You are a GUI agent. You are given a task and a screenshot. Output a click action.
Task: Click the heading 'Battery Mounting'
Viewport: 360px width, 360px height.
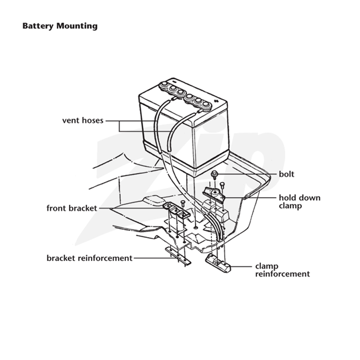click(60, 26)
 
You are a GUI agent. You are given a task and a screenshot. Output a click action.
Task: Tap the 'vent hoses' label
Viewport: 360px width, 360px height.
click(83, 121)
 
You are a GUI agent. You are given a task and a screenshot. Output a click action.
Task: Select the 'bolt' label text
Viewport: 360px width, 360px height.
click(287, 174)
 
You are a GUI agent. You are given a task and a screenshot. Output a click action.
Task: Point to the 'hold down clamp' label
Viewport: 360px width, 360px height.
click(300, 202)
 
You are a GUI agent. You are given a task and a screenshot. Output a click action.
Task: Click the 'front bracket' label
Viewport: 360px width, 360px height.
click(72, 208)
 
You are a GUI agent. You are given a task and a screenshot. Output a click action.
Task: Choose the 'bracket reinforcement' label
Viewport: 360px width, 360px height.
click(90, 258)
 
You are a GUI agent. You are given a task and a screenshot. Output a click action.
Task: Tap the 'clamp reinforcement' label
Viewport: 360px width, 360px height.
click(283, 270)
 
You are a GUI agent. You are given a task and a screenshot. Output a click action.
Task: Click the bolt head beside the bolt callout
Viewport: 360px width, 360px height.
click(215, 174)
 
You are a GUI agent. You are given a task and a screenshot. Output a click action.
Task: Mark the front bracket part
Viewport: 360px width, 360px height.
click(176, 210)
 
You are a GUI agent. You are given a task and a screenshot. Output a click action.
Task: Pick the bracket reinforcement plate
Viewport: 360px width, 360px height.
click(178, 256)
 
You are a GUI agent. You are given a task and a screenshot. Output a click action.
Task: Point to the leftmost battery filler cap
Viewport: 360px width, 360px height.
click(164, 85)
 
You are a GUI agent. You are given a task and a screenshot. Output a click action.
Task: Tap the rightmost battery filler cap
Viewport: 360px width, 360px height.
click(207, 105)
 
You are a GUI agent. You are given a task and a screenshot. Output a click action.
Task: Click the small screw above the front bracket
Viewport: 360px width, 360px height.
click(183, 203)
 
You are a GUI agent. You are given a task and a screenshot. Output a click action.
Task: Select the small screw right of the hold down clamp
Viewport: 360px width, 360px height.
click(222, 185)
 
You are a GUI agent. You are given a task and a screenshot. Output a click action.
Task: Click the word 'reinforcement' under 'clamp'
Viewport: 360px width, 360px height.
click(283, 274)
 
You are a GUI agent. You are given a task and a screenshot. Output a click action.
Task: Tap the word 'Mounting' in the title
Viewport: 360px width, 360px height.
click(77, 26)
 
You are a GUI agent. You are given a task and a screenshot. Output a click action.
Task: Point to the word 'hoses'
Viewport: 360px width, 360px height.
click(93, 121)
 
